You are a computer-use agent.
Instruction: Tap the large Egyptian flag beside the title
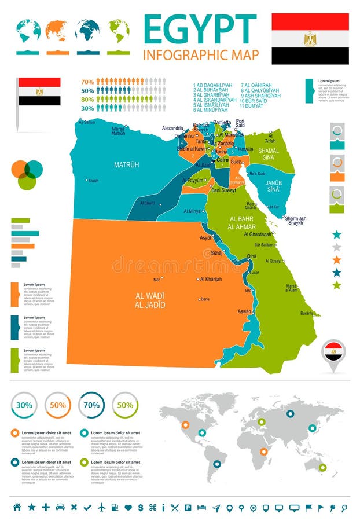(310, 39)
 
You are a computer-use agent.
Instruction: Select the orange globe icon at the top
(57, 30)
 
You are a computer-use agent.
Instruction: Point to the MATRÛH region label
(126, 165)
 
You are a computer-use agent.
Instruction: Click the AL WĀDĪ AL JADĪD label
(150, 300)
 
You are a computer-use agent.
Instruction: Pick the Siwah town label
(93, 181)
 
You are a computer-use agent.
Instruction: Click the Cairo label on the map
(223, 159)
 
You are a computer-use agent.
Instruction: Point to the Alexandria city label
(172, 128)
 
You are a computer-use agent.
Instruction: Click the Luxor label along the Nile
(254, 272)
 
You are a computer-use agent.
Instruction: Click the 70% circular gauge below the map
(91, 405)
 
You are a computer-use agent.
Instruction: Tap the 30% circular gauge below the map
(24, 405)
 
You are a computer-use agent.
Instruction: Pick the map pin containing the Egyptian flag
(333, 353)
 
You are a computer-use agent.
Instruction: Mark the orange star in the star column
(337, 260)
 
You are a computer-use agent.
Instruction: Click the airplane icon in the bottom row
(102, 507)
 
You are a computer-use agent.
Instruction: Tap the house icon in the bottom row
(17, 507)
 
